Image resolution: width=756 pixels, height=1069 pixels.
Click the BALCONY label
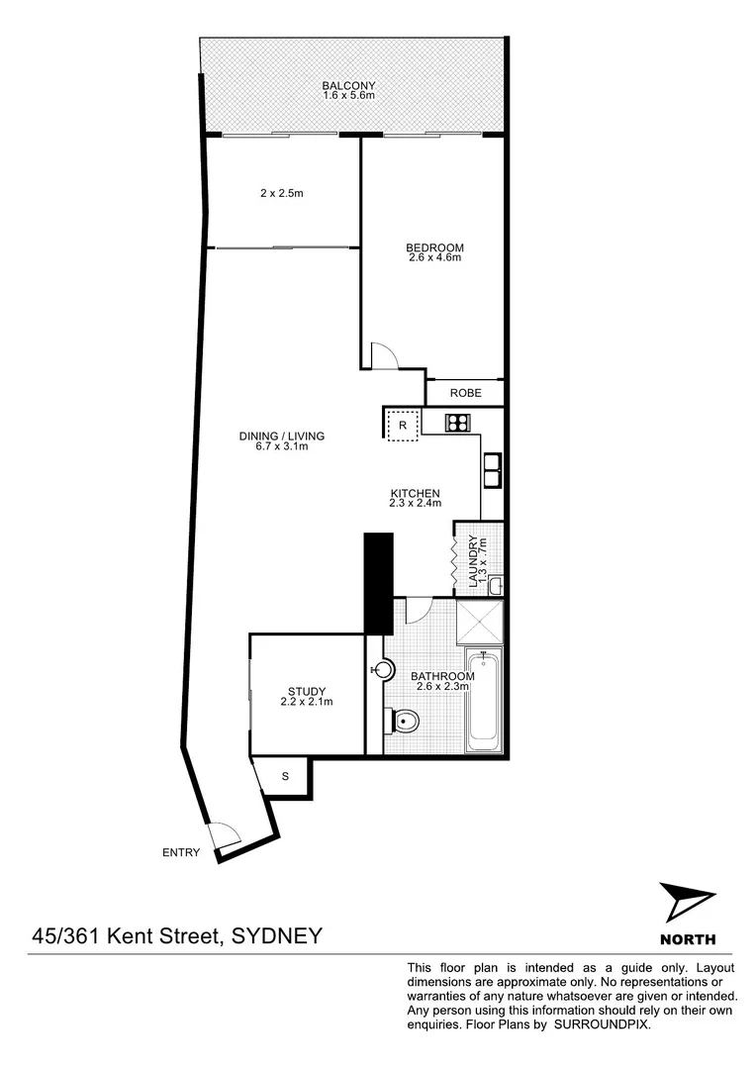(348, 86)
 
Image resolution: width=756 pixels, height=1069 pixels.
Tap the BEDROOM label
(434, 247)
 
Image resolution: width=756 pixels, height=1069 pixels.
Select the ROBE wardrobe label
(466, 393)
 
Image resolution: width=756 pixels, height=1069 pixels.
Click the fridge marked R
(403, 426)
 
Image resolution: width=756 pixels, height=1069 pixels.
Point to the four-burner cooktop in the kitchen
(457, 424)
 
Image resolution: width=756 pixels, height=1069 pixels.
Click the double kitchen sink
(492, 469)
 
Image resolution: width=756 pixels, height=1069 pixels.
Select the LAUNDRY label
(475, 562)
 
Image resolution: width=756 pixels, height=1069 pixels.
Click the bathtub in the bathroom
(484, 700)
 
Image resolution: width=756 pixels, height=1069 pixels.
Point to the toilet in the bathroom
(403, 722)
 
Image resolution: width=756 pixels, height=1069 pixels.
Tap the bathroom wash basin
(376, 671)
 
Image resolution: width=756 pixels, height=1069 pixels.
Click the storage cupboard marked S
(285, 775)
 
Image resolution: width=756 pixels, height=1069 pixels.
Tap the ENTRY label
(183, 852)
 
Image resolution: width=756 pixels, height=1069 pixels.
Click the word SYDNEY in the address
(276, 935)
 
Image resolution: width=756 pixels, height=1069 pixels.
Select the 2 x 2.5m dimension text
(281, 193)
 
